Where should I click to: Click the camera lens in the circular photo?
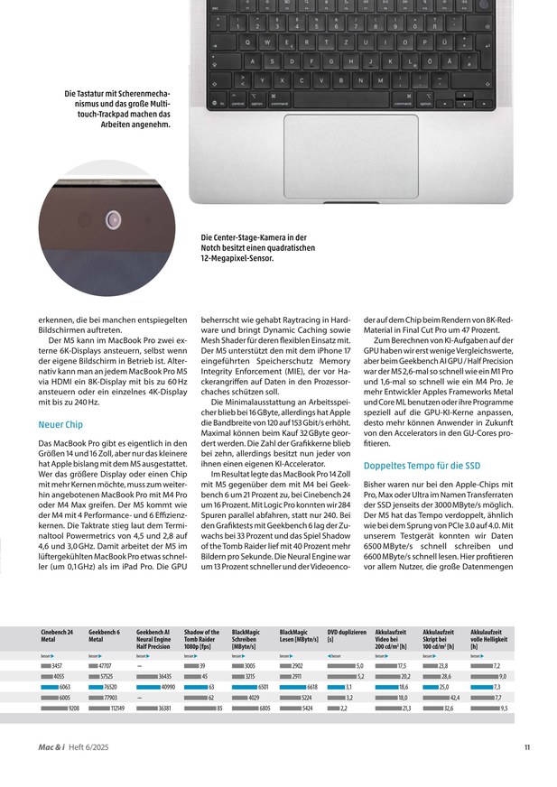click(x=115, y=219)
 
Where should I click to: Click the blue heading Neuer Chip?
click(x=61, y=423)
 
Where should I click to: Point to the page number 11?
click(x=527, y=745)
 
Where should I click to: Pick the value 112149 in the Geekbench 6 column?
click(x=117, y=708)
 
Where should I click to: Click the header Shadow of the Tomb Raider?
click(x=202, y=636)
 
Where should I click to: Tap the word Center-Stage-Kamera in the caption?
click(x=248, y=237)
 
